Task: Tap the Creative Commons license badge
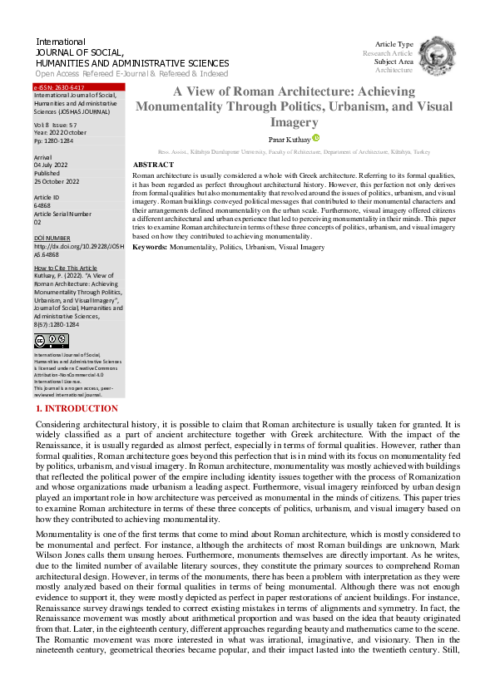[x=52, y=340]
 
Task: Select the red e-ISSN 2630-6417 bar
[x=79, y=87]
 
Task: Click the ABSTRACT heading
[x=153, y=165]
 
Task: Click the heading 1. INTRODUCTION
[x=77, y=409]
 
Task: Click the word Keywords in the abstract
[x=150, y=247]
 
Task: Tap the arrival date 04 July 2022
[x=52, y=165]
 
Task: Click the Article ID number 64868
[x=42, y=205]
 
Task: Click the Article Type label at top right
[x=394, y=44]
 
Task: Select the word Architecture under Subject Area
[x=394, y=70]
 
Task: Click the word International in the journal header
[x=61, y=42]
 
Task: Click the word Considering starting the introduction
[x=62, y=424]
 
